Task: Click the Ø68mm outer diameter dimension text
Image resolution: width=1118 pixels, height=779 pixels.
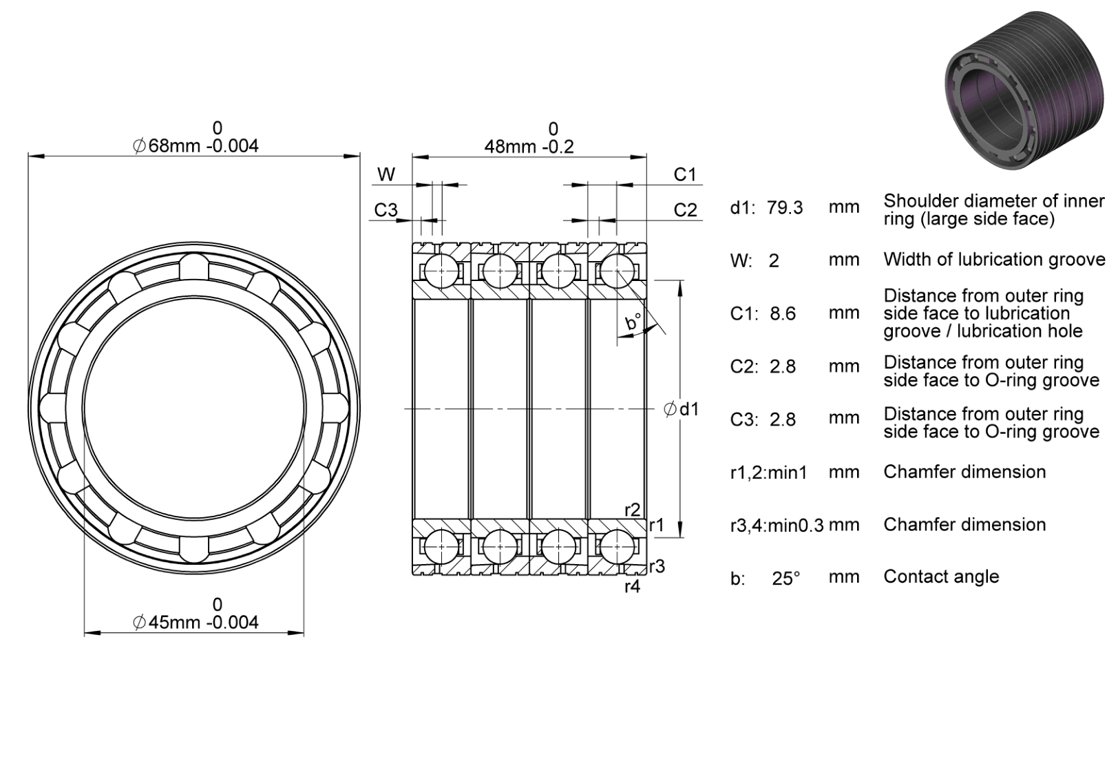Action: (x=196, y=146)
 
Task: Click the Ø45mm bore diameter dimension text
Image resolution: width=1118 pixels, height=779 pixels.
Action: (x=196, y=622)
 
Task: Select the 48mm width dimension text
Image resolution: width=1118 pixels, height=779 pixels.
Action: (x=529, y=147)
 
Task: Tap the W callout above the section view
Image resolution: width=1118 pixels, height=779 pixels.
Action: (x=386, y=174)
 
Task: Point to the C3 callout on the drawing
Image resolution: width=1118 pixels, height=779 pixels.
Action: (x=386, y=210)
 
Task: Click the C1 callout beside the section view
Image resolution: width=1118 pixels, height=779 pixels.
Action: (x=685, y=175)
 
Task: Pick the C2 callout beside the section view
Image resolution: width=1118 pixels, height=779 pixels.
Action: (x=685, y=210)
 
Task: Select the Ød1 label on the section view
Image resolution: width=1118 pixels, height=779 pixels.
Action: (x=682, y=409)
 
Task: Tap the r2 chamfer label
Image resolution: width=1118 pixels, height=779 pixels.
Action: (x=633, y=510)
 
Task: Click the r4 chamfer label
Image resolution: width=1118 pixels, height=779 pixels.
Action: (x=633, y=586)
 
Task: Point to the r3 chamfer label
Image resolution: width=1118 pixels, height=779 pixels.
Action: (x=657, y=566)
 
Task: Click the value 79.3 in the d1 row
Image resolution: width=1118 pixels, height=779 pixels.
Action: (x=785, y=208)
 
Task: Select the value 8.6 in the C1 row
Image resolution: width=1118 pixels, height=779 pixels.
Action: (x=783, y=313)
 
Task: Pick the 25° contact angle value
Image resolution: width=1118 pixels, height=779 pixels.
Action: (x=786, y=579)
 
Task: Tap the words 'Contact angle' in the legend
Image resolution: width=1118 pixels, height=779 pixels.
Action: (x=941, y=577)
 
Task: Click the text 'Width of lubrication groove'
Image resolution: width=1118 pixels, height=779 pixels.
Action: (x=994, y=260)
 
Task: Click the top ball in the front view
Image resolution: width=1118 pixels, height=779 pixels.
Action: (x=194, y=267)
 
